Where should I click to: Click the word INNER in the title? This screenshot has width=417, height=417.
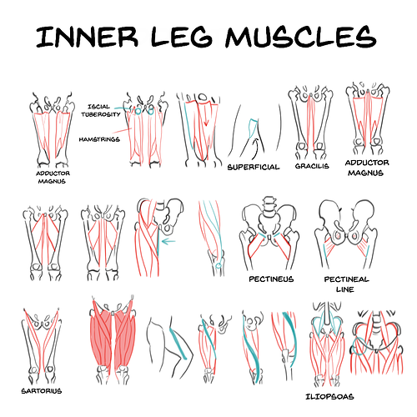[x=87, y=37]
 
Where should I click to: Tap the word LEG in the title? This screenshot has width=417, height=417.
[x=182, y=37]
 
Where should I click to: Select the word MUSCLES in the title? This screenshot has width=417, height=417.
[x=301, y=36]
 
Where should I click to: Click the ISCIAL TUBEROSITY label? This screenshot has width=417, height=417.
[x=101, y=110]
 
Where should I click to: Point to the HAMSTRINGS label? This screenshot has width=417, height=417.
[x=99, y=139]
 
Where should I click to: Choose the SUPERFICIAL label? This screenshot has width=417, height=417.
[x=254, y=167]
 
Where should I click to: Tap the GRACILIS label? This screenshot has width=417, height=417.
[x=312, y=166]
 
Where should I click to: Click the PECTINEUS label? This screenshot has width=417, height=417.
[x=271, y=279]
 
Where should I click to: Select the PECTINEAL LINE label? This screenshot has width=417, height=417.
[x=346, y=284]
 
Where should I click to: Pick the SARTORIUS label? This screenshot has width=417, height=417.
[x=42, y=391]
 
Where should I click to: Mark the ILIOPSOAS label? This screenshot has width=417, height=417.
[x=329, y=397]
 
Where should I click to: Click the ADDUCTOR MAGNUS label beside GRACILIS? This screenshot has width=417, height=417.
[x=367, y=168]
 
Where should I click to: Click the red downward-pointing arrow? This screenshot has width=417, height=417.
[x=205, y=114]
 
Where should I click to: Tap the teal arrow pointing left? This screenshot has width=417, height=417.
[x=168, y=241]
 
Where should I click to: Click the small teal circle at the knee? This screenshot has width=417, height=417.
[x=219, y=265]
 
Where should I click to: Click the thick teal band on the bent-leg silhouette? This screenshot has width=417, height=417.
[x=178, y=344]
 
